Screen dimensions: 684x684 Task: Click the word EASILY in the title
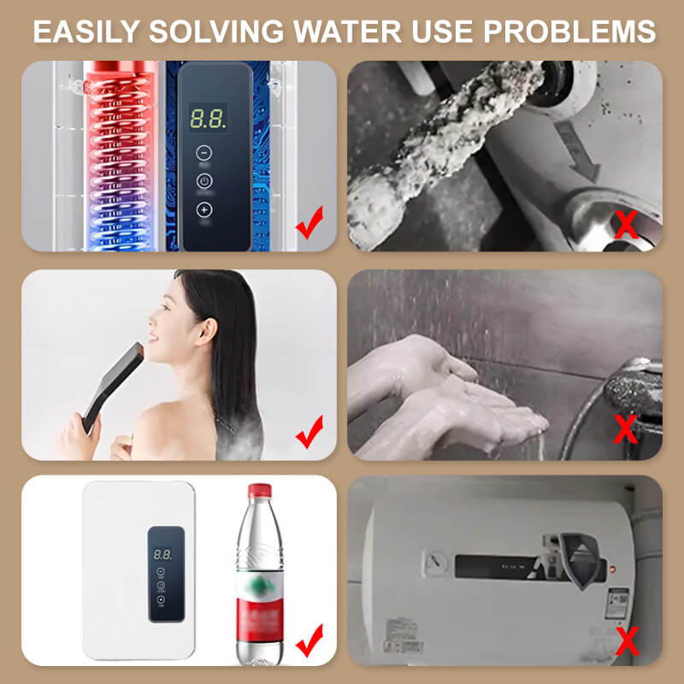90,32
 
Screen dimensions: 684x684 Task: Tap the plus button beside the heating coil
203,209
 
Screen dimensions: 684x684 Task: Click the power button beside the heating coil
203,181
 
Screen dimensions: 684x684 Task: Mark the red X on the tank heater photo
627,637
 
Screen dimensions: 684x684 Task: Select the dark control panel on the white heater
165,573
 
